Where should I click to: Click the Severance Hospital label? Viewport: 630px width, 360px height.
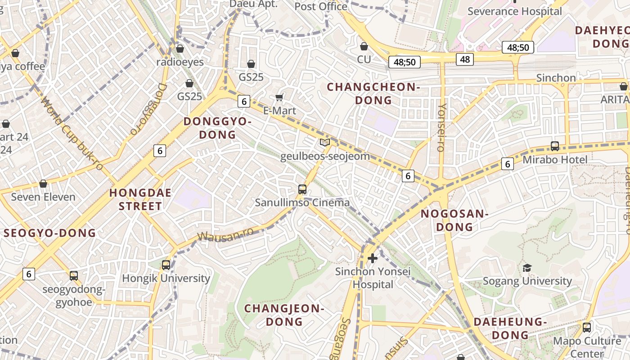coord(515,11)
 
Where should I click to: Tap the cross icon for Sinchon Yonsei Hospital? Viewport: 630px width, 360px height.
coord(373,258)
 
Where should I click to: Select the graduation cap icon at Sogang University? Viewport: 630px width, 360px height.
coord(527,268)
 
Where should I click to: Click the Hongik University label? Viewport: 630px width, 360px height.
coord(166,278)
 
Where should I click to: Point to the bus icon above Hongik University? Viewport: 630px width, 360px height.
coord(166,265)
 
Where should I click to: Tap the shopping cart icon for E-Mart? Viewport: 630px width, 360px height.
coord(279,97)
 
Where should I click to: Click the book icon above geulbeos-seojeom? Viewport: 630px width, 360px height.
coord(324,143)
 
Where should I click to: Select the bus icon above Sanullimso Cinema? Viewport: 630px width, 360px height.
coord(302,189)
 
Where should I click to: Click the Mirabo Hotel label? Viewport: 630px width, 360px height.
coord(555,160)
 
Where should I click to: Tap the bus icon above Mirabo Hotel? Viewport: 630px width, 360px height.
coord(555,146)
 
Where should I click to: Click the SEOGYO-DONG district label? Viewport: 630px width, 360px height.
coord(50,233)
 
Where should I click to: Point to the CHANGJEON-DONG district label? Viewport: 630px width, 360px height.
coord(284,315)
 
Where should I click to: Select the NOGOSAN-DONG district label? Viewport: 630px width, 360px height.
coord(454,220)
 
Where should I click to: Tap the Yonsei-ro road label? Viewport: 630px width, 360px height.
coord(441,127)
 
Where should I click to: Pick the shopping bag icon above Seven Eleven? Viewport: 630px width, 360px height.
coord(43,184)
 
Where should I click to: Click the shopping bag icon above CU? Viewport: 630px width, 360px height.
coord(364,46)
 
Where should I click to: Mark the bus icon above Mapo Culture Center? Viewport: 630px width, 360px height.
coord(587,328)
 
